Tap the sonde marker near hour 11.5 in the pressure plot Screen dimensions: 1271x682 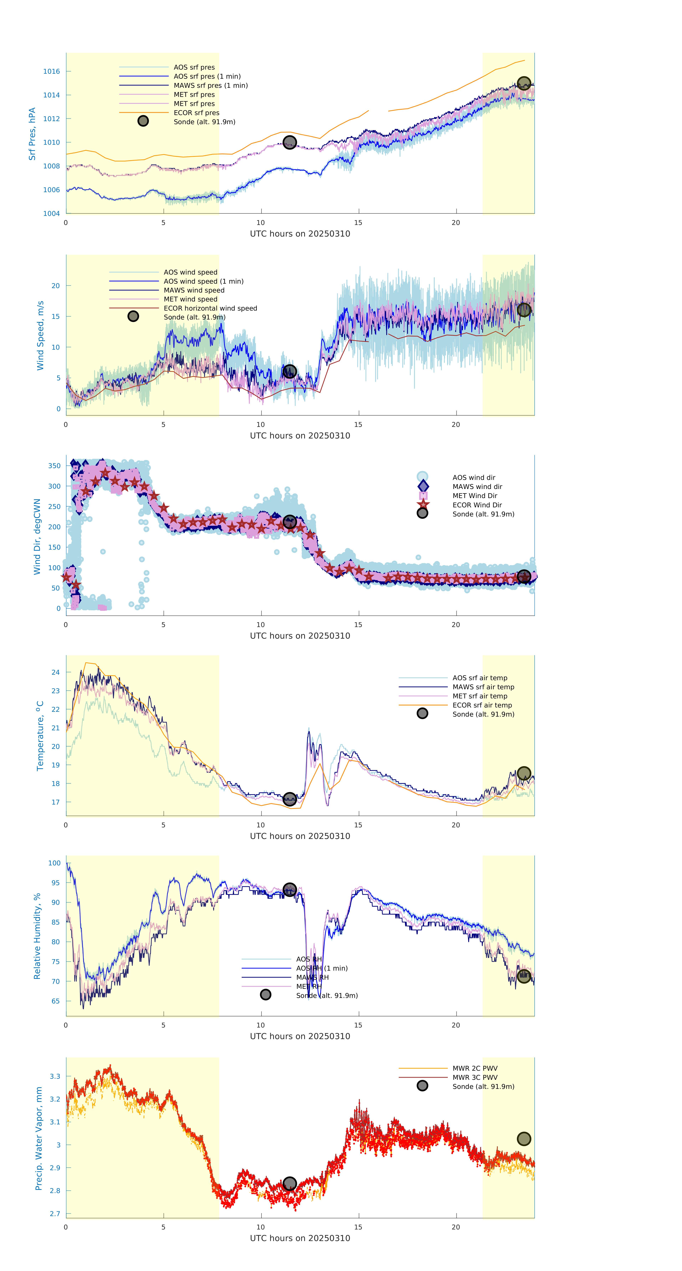pos(289,143)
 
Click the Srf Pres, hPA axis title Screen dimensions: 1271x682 pos(32,134)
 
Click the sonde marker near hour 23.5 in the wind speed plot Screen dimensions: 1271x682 pos(524,310)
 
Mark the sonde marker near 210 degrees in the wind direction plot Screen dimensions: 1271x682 pos(289,522)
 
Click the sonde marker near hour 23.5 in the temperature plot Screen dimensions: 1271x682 pos(524,773)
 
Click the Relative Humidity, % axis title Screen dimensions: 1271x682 pos(37,936)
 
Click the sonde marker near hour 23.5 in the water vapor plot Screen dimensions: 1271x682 pos(524,1139)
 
